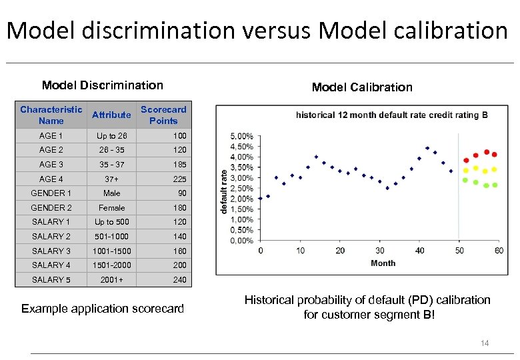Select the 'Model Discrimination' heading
(102, 85)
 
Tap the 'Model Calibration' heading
(362, 87)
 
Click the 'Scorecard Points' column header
(163, 115)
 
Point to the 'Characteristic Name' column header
(51, 115)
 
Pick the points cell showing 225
(179, 179)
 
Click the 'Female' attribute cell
(111, 207)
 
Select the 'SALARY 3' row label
(51, 251)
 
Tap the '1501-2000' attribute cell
(111, 265)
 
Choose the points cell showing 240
(179, 279)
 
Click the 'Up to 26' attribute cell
(111, 136)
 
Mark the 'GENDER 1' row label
(51, 193)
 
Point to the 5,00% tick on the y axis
(241, 136)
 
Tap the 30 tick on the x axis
(379, 251)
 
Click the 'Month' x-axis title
(383, 263)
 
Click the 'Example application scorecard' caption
(103, 308)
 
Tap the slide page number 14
(485, 343)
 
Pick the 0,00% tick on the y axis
(241, 240)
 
